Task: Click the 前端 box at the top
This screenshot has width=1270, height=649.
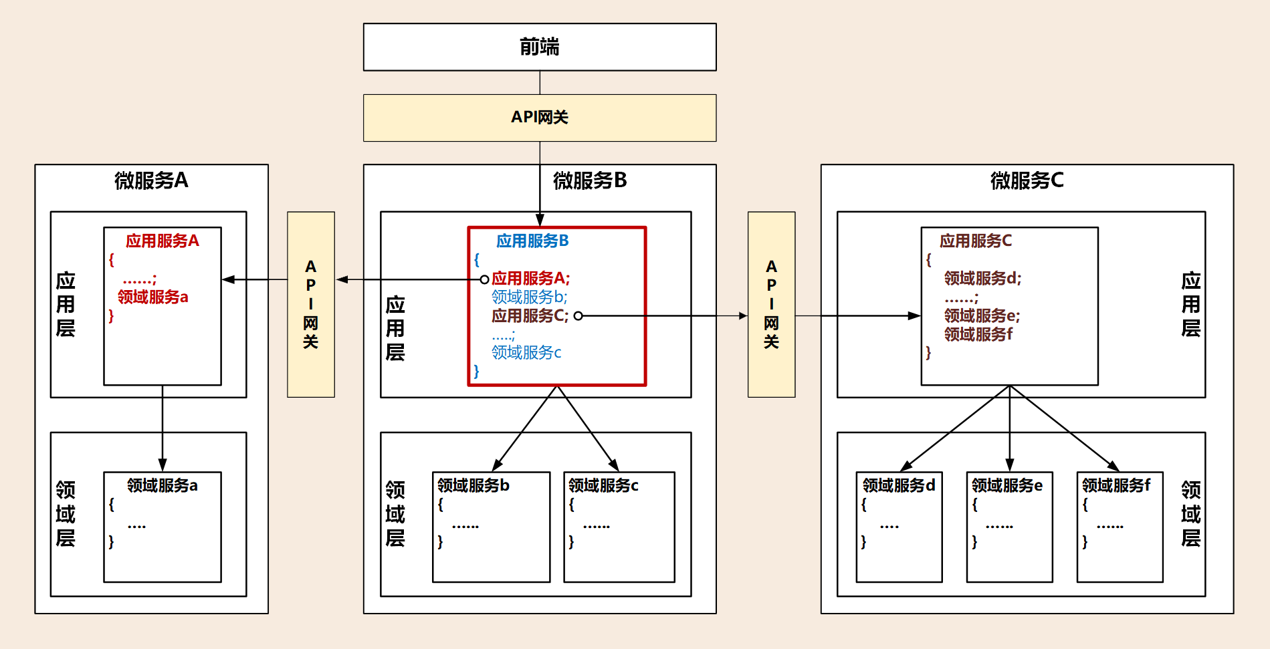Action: [540, 47]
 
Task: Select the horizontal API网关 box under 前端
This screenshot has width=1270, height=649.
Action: [540, 118]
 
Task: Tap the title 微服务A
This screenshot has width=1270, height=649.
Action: [151, 180]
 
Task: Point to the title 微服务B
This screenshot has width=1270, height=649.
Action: [590, 180]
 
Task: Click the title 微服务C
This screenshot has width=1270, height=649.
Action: [1027, 180]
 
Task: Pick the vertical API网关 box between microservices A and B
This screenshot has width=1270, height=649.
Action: [311, 304]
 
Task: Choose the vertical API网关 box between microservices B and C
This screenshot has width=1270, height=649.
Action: [771, 304]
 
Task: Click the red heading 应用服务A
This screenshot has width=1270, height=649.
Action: [163, 241]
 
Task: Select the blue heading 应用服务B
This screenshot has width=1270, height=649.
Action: [532, 241]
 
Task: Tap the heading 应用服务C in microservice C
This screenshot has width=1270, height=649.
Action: [976, 241]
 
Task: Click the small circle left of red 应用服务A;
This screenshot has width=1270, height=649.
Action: [484, 279]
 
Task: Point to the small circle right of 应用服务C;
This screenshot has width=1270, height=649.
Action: [578, 316]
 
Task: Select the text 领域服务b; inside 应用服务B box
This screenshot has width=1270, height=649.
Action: [529, 297]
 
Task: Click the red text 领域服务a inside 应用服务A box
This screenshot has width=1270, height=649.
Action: [153, 297]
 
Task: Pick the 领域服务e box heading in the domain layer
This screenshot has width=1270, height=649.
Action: [1007, 485]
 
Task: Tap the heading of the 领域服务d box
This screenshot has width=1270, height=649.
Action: [899, 485]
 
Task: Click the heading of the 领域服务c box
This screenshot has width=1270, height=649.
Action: [603, 485]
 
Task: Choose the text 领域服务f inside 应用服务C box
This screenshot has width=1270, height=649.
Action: [978, 334]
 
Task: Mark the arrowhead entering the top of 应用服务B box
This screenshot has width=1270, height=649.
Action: [540, 221]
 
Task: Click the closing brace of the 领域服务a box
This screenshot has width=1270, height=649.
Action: [112, 541]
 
